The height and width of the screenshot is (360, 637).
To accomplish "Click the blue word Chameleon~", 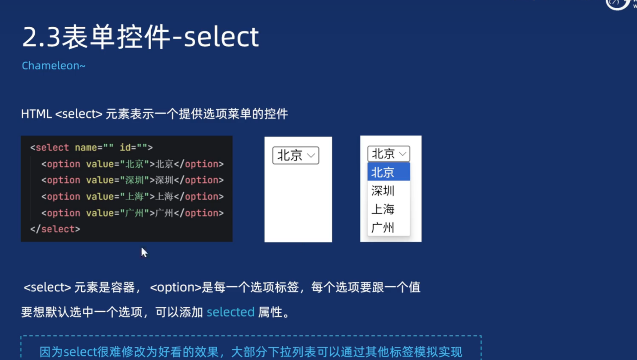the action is point(53,65).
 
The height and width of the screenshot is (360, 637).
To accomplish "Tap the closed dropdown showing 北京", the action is point(295,155).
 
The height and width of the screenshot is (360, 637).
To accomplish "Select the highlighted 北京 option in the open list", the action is point(388,172).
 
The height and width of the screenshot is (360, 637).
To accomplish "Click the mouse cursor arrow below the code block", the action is point(144,252).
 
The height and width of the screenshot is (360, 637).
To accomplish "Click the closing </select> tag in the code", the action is point(55,229).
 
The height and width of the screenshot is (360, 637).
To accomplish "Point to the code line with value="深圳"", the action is point(132,180).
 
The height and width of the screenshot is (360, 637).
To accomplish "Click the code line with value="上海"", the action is point(132,197).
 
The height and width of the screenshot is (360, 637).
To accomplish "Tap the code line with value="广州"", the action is point(132,213).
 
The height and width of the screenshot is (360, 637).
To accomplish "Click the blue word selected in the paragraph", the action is point(231,312).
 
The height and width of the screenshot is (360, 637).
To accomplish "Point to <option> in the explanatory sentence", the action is point(176,287).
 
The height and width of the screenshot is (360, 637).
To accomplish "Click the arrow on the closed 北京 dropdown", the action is point(311,155).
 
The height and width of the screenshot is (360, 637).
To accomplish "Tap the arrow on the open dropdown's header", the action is point(403,154).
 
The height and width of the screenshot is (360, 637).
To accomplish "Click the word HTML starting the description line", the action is point(36,114).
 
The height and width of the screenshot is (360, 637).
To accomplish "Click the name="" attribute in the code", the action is point(94,147).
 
